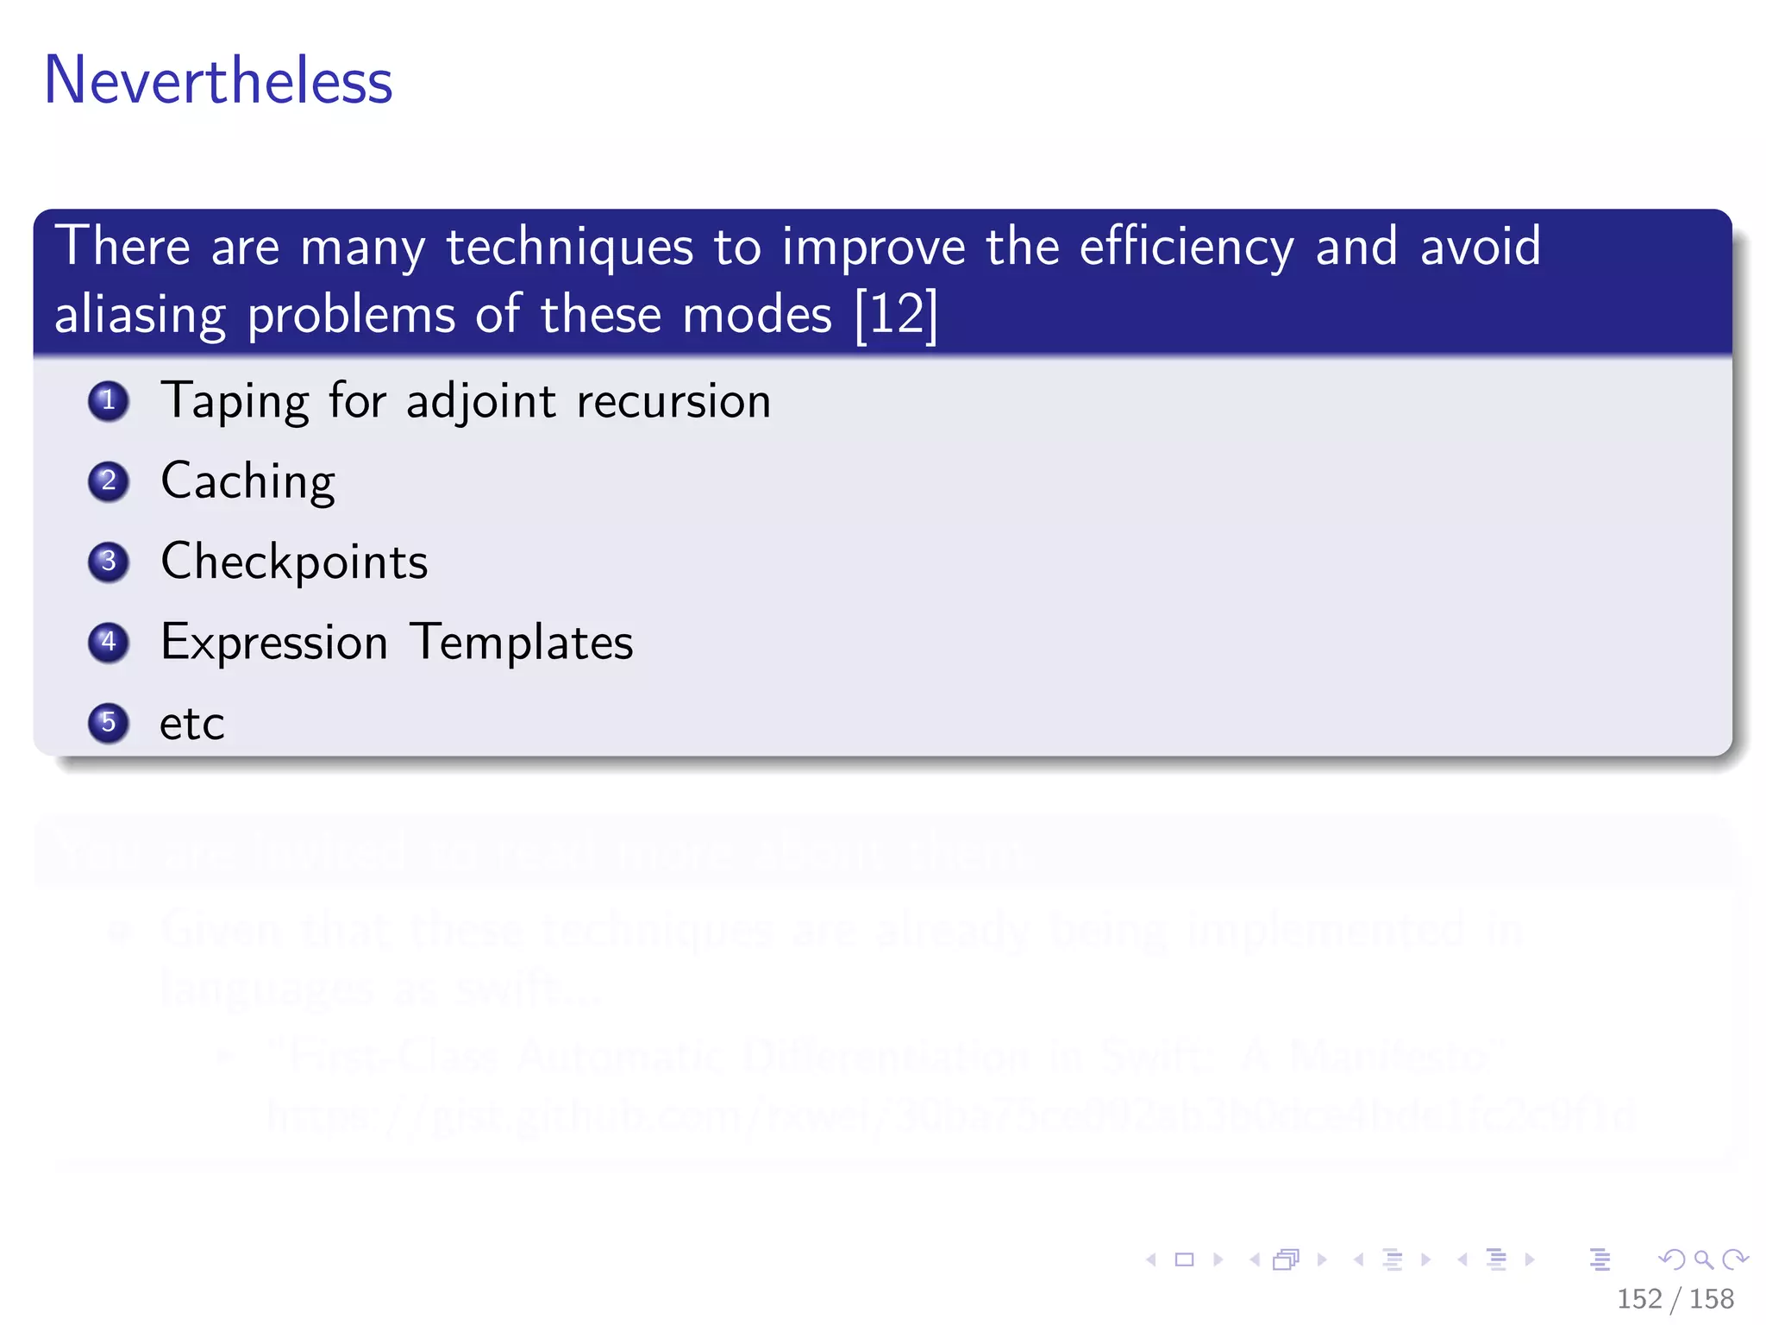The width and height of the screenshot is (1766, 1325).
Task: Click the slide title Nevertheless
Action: pos(218,80)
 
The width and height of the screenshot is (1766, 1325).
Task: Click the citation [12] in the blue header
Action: pos(896,315)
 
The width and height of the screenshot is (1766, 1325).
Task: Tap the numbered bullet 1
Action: pos(109,401)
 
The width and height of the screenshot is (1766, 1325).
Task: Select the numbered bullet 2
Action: pos(109,481)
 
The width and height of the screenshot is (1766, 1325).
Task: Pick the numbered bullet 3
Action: pos(109,562)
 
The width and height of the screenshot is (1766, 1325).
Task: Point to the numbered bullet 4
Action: pos(109,642)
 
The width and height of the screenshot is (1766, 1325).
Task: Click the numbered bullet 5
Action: pos(109,722)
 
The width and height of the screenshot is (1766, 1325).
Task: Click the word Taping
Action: pos(235,402)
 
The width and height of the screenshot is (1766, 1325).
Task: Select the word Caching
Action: pos(248,481)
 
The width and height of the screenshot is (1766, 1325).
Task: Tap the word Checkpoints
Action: pos(294,562)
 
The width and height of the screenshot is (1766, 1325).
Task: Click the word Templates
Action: pos(522,643)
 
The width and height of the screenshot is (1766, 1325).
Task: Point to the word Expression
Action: pos(274,644)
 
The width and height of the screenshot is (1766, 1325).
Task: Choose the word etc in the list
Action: pos(191,724)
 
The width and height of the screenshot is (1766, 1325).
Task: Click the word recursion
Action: pos(673,402)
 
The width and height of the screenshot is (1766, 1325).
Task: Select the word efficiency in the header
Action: pos(1187,248)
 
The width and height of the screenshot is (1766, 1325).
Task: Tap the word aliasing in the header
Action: pos(140,315)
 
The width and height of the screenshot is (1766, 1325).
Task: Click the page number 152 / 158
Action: pos(1675,1298)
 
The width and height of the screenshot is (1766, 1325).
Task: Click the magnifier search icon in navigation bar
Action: pos(1703,1259)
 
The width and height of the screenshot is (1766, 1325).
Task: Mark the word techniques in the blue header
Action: pos(569,248)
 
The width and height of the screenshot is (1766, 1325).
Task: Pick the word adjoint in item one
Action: pos(480,402)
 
